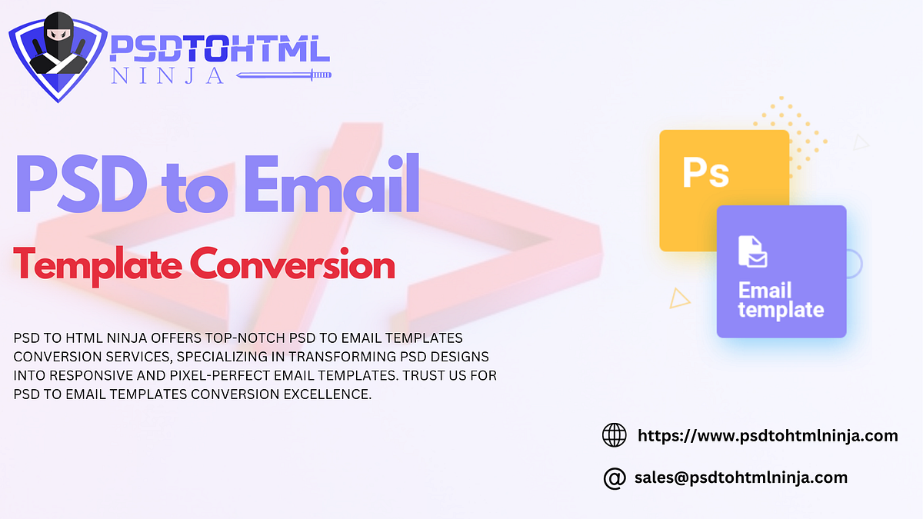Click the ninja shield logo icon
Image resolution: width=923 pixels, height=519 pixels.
pyautogui.click(x=56, y=55)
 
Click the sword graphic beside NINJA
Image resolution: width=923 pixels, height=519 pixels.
pyautogui.click(x=283, y=75)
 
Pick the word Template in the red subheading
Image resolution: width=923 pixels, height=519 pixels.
pyautogui.click(x=97, y=265)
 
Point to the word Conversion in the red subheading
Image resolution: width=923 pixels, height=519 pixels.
pyautogui.click(x=292, y=265)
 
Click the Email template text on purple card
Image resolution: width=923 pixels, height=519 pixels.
pyautogui.click(x=780, y=301)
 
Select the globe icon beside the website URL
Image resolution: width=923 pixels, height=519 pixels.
pyautogui.click(x=614, y=435)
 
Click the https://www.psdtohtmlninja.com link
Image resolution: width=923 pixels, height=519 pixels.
pyautogui.click(x=768, y=435)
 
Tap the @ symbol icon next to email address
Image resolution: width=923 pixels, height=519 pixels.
pyautogui.click(x=614, y=477)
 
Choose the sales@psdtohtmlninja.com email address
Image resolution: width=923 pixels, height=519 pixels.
pyautogui.click(x=741, y=477)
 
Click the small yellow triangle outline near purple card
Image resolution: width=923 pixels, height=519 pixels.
pyautogui.click(x=679, y=298)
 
